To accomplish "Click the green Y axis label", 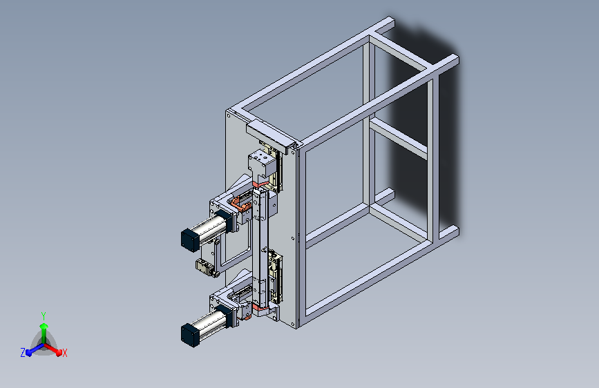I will [43, 314].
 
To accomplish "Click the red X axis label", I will [65, 353].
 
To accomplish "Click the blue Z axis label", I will [23, 352].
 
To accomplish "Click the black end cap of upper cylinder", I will [189, 238].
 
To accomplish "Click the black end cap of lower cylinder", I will [189, 333].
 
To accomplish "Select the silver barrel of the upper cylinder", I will [210, 227].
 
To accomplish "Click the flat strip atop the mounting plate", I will [266, 137].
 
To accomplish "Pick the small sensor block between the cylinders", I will [204, 268].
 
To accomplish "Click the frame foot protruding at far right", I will [448, 233].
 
